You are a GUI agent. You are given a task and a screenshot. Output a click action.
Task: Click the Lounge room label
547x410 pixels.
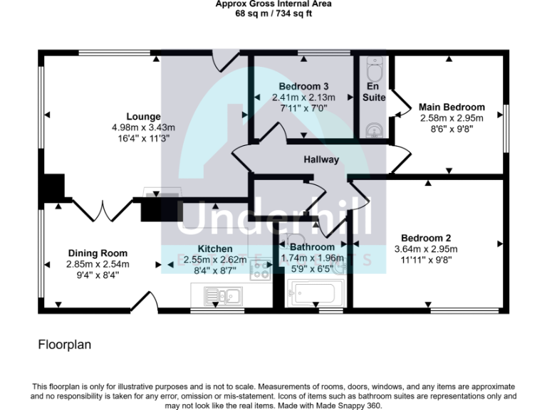[x=143, y=117]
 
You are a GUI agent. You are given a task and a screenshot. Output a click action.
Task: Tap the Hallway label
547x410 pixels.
[x=321, y=159]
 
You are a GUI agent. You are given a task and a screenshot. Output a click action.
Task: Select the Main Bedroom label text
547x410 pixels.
[x=452, y=107]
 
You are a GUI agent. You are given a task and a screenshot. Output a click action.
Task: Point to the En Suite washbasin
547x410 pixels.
[x=374, y=130]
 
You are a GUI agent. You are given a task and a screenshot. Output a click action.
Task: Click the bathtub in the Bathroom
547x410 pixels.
[x=314, y=293]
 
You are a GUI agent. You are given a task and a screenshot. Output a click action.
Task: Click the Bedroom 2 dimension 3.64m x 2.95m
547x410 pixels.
[x=426, y=249]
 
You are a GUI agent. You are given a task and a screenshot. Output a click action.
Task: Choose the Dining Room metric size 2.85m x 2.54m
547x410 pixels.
[x=98, y=263]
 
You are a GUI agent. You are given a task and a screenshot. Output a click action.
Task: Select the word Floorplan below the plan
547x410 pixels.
[x=65, y=345]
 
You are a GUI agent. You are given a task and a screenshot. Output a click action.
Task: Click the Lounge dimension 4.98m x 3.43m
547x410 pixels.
[x=143, y=127]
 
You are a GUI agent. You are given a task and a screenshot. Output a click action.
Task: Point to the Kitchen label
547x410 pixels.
[x=214, y=249]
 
